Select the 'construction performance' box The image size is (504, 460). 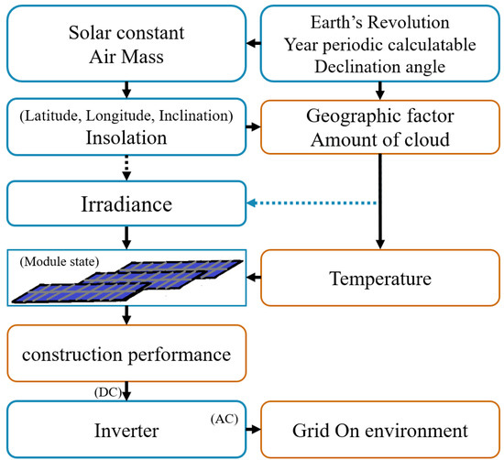[x=126, y=351]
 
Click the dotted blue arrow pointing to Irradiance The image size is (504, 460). [x=312, y=203]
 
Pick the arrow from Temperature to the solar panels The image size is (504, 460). [x=254, y=272]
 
